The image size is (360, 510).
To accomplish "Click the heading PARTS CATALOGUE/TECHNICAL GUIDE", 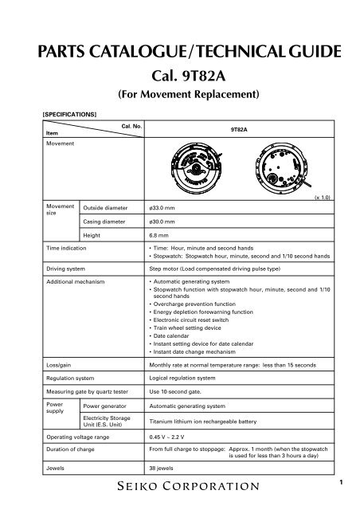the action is [179, 54].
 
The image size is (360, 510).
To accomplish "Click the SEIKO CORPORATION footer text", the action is [179, 484].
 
